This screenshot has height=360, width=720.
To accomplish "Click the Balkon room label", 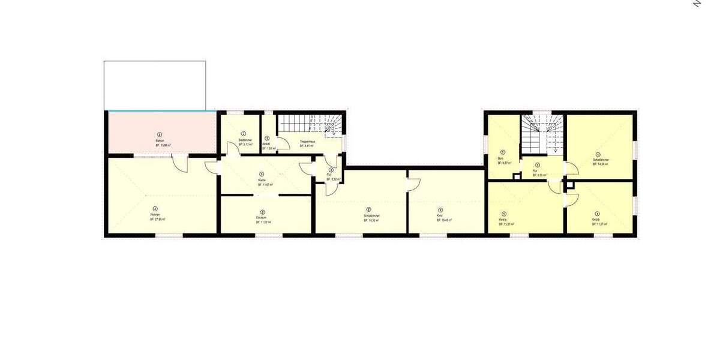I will point(160,140).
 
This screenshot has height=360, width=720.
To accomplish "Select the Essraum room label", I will point(263,217).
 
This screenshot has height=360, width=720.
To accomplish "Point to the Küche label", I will point(262,180).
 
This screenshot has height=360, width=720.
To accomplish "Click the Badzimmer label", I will point(244,140).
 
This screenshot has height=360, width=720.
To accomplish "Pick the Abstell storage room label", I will point(267,143).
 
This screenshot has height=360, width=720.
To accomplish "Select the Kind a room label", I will point(503,220).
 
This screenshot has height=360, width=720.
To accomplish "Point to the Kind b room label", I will point(597,220).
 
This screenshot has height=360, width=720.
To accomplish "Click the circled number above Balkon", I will point(160,134).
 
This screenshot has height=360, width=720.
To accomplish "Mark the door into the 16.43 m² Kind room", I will point(413,182).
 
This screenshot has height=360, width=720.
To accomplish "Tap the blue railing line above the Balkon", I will point(161,111).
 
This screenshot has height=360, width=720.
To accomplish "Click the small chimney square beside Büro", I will point(516,176).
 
